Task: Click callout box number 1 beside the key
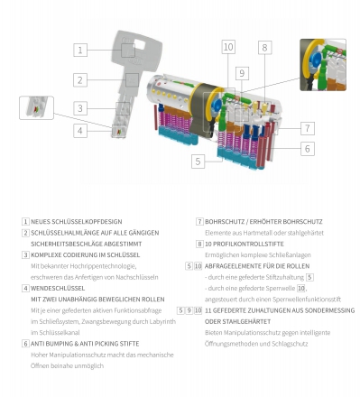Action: (80, 50)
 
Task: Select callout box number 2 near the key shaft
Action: (80, 80)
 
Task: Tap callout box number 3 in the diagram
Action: (80, 108)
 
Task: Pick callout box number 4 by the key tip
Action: (80, 131)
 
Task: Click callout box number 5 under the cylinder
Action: (198, 162)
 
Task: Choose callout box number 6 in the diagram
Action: (308, 149)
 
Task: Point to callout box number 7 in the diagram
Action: (308, 128)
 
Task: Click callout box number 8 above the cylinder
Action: (264, 48)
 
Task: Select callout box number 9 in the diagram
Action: (242, 73)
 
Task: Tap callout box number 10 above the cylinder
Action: (228, 47)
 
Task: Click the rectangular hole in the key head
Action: (140, 44)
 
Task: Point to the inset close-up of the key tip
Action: (36, 107)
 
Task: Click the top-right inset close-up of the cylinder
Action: (323, 65)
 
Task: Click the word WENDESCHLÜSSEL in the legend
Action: (58, 288)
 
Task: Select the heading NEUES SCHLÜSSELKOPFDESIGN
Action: (77, 222)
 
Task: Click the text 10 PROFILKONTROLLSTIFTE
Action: (245, 244)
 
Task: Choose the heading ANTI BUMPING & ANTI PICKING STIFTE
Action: (85, 344)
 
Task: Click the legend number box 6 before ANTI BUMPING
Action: (25, 344)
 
